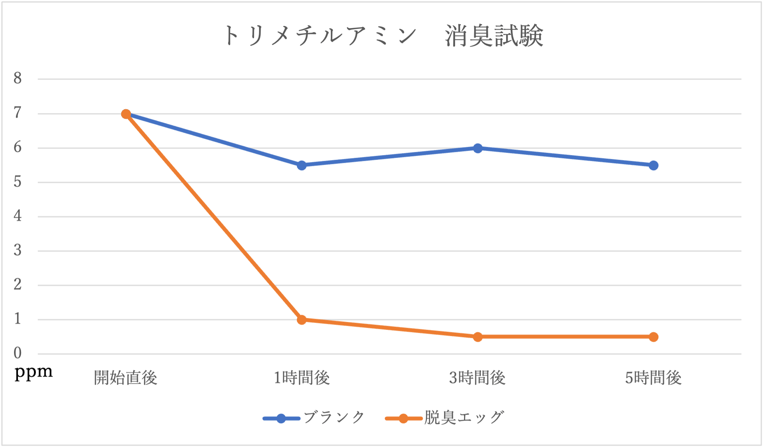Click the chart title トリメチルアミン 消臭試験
(x=383, y=36)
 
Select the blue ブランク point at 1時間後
(x=302, y=166)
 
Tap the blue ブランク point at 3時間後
(x=478, y=148)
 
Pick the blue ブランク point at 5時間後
(x=653, y=166)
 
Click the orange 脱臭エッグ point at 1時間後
(x=302, y=320)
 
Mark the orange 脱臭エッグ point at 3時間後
(x=478, y=337)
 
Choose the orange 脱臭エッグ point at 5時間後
(x=653, y=337)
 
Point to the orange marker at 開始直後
(x=126, y=114)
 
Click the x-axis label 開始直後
(x=125, y=378)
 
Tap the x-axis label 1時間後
(x=302, y=378)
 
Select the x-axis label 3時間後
(x=477, y=378)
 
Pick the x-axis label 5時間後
(x=653, y=378)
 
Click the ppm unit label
(x=34, y=372)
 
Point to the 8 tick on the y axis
(x=18, y=79)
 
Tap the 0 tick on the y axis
(x=18, y=353)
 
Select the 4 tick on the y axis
(x=18, y=216)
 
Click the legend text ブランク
(x=334, y=418)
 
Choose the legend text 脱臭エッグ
(x=464, y=418)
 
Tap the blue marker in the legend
(x=281, y=419)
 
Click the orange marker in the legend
(x=403, y=419)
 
